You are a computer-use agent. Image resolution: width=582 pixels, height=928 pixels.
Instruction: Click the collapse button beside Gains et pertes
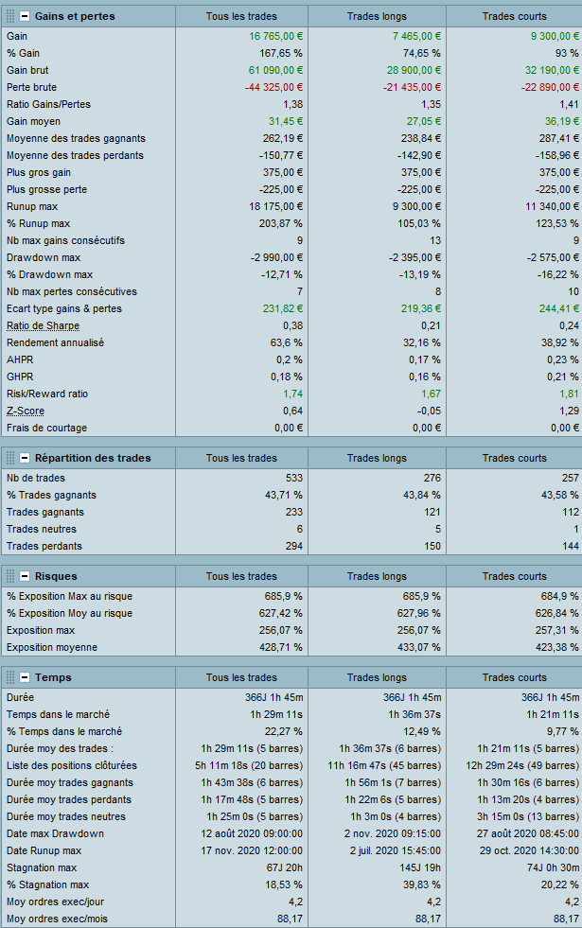25,16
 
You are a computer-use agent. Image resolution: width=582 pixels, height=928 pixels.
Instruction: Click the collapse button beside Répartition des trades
25,458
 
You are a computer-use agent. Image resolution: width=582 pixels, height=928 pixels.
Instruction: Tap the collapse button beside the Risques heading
25,575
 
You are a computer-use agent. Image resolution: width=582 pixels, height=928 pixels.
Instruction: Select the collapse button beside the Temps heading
25,677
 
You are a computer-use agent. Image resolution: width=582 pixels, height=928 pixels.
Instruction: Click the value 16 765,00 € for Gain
275,35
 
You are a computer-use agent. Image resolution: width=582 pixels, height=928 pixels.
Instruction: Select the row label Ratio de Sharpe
43,325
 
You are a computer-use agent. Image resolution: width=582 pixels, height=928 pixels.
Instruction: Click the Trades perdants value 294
292,546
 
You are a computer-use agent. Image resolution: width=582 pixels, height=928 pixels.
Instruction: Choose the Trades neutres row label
42,529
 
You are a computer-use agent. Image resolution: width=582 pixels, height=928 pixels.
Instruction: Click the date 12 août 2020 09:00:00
252,833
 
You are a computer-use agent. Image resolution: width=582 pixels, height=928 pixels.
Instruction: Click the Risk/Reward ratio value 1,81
569,394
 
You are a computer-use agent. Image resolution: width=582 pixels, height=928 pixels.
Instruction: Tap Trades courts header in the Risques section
514,576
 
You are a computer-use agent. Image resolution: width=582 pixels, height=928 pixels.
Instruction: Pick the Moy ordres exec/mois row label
53,919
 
